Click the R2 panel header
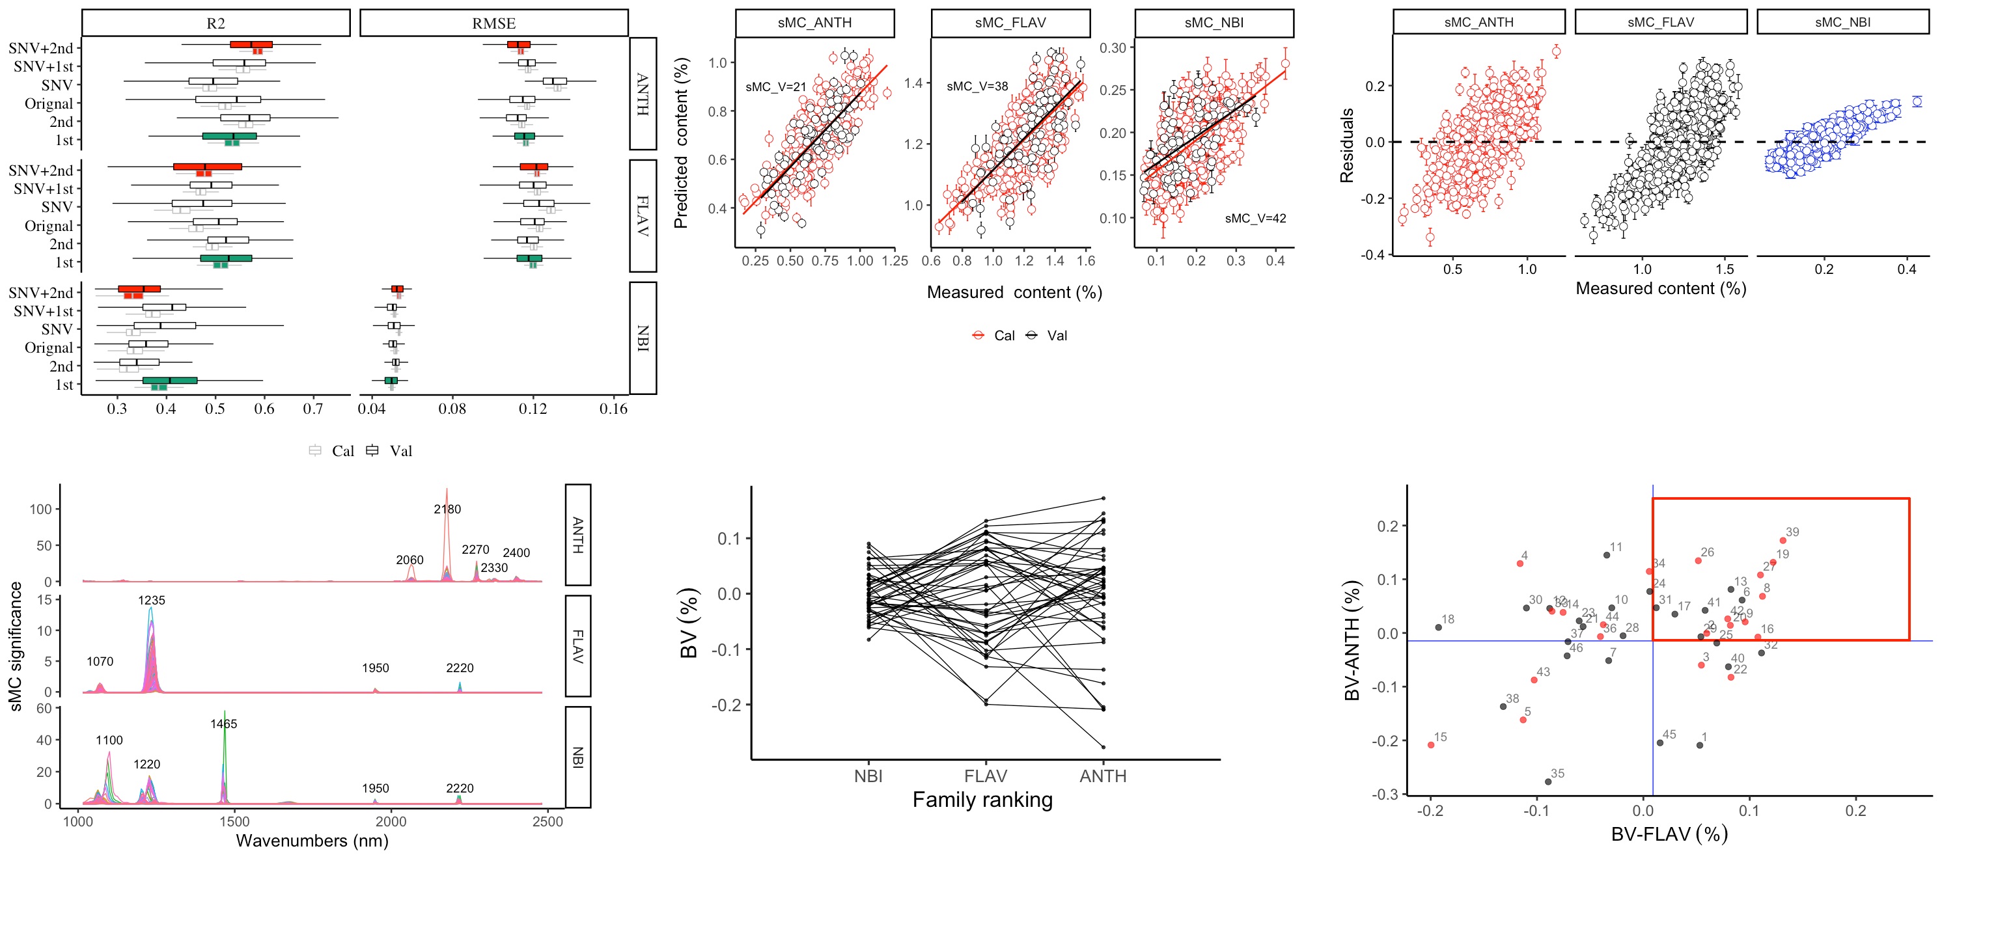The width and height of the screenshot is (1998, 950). (215, 23)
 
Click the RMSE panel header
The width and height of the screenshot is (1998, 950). (493, 23)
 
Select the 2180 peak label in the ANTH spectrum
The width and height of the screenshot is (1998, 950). (447, 509)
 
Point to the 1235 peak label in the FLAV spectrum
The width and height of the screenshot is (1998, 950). (151, 600)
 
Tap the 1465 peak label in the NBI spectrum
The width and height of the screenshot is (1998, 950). (223, 724)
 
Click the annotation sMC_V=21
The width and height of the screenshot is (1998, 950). (775, 87)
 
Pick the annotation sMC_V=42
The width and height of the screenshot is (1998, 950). (1255, 219)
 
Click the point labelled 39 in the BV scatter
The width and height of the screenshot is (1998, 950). (1783, 541)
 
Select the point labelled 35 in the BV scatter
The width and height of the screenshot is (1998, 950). (1548, 781)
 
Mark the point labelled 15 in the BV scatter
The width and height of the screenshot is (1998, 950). (1431, 745)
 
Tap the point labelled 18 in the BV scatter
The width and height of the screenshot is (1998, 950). (1439, 627)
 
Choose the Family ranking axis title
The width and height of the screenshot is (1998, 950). (982, 800)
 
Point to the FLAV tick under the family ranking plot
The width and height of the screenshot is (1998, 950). (985, 776)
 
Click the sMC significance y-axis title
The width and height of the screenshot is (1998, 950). (16, 646)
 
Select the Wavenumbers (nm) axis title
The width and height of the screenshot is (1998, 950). (312, 841)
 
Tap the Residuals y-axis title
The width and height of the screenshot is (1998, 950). (1347, 146)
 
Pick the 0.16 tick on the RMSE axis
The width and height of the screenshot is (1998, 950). (613, 409)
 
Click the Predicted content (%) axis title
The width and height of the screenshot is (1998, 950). (681, 142)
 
